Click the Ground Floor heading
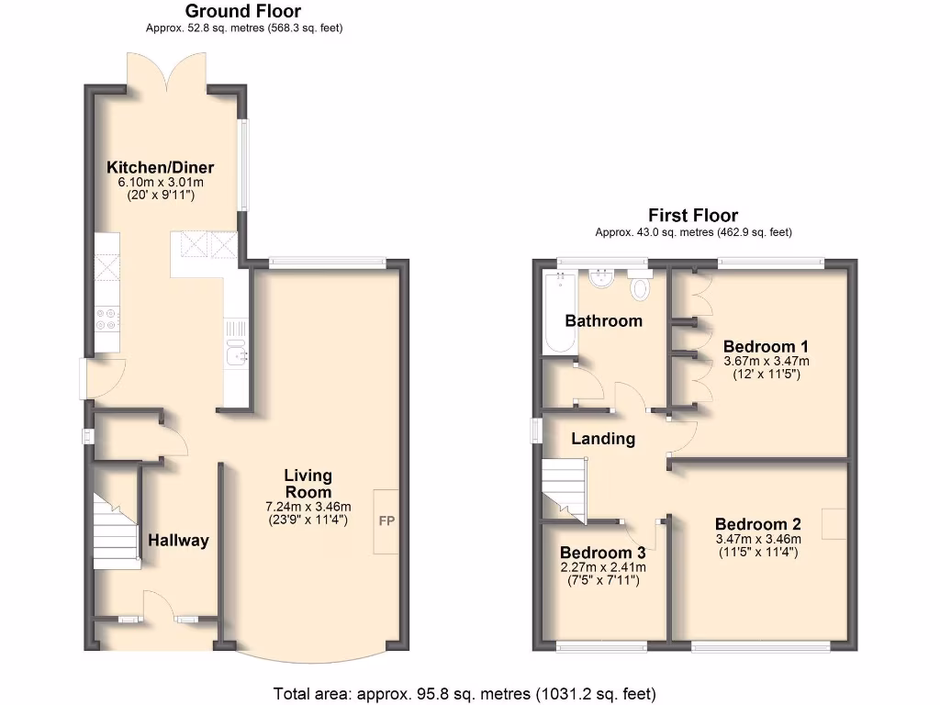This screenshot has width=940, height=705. (243, 12)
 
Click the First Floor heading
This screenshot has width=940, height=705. (693, 217)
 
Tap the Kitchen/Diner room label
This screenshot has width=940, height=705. (161, 167)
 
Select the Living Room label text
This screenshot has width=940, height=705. (308, 484)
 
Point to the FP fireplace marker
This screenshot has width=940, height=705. (386, 520)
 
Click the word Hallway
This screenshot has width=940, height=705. (179, 540)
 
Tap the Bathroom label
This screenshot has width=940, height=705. (603, 320)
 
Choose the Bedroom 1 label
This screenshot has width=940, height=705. (766, 346)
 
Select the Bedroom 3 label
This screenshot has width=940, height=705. (602, 553)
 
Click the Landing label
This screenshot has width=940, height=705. (603, 438)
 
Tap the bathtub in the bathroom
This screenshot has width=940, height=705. (559, 312)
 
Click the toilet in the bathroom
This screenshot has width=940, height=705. (640, 287)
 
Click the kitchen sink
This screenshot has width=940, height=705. (237, 353)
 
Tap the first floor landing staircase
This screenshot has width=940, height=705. (563, 486)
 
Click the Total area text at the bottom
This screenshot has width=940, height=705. (464, 693)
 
